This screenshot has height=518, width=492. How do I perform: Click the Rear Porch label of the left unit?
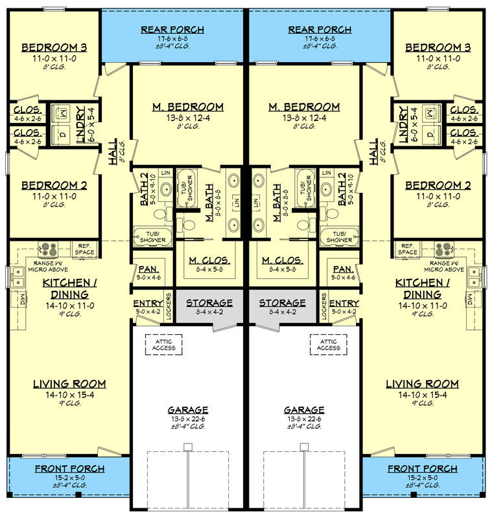[x=173, y=30]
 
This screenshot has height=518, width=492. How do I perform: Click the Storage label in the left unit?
[x=209, y=303]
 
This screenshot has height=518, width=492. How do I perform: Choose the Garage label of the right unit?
[x=303, y=410]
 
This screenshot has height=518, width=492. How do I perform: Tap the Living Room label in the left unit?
[x=69, y=384]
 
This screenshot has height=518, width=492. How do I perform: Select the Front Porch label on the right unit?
[x=422, y=469]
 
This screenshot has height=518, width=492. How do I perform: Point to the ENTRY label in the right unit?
[x=344, y=304]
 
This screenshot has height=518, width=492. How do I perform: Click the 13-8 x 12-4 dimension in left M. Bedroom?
[x=189, y=118]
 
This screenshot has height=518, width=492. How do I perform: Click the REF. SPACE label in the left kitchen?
[x=86, y=249]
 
